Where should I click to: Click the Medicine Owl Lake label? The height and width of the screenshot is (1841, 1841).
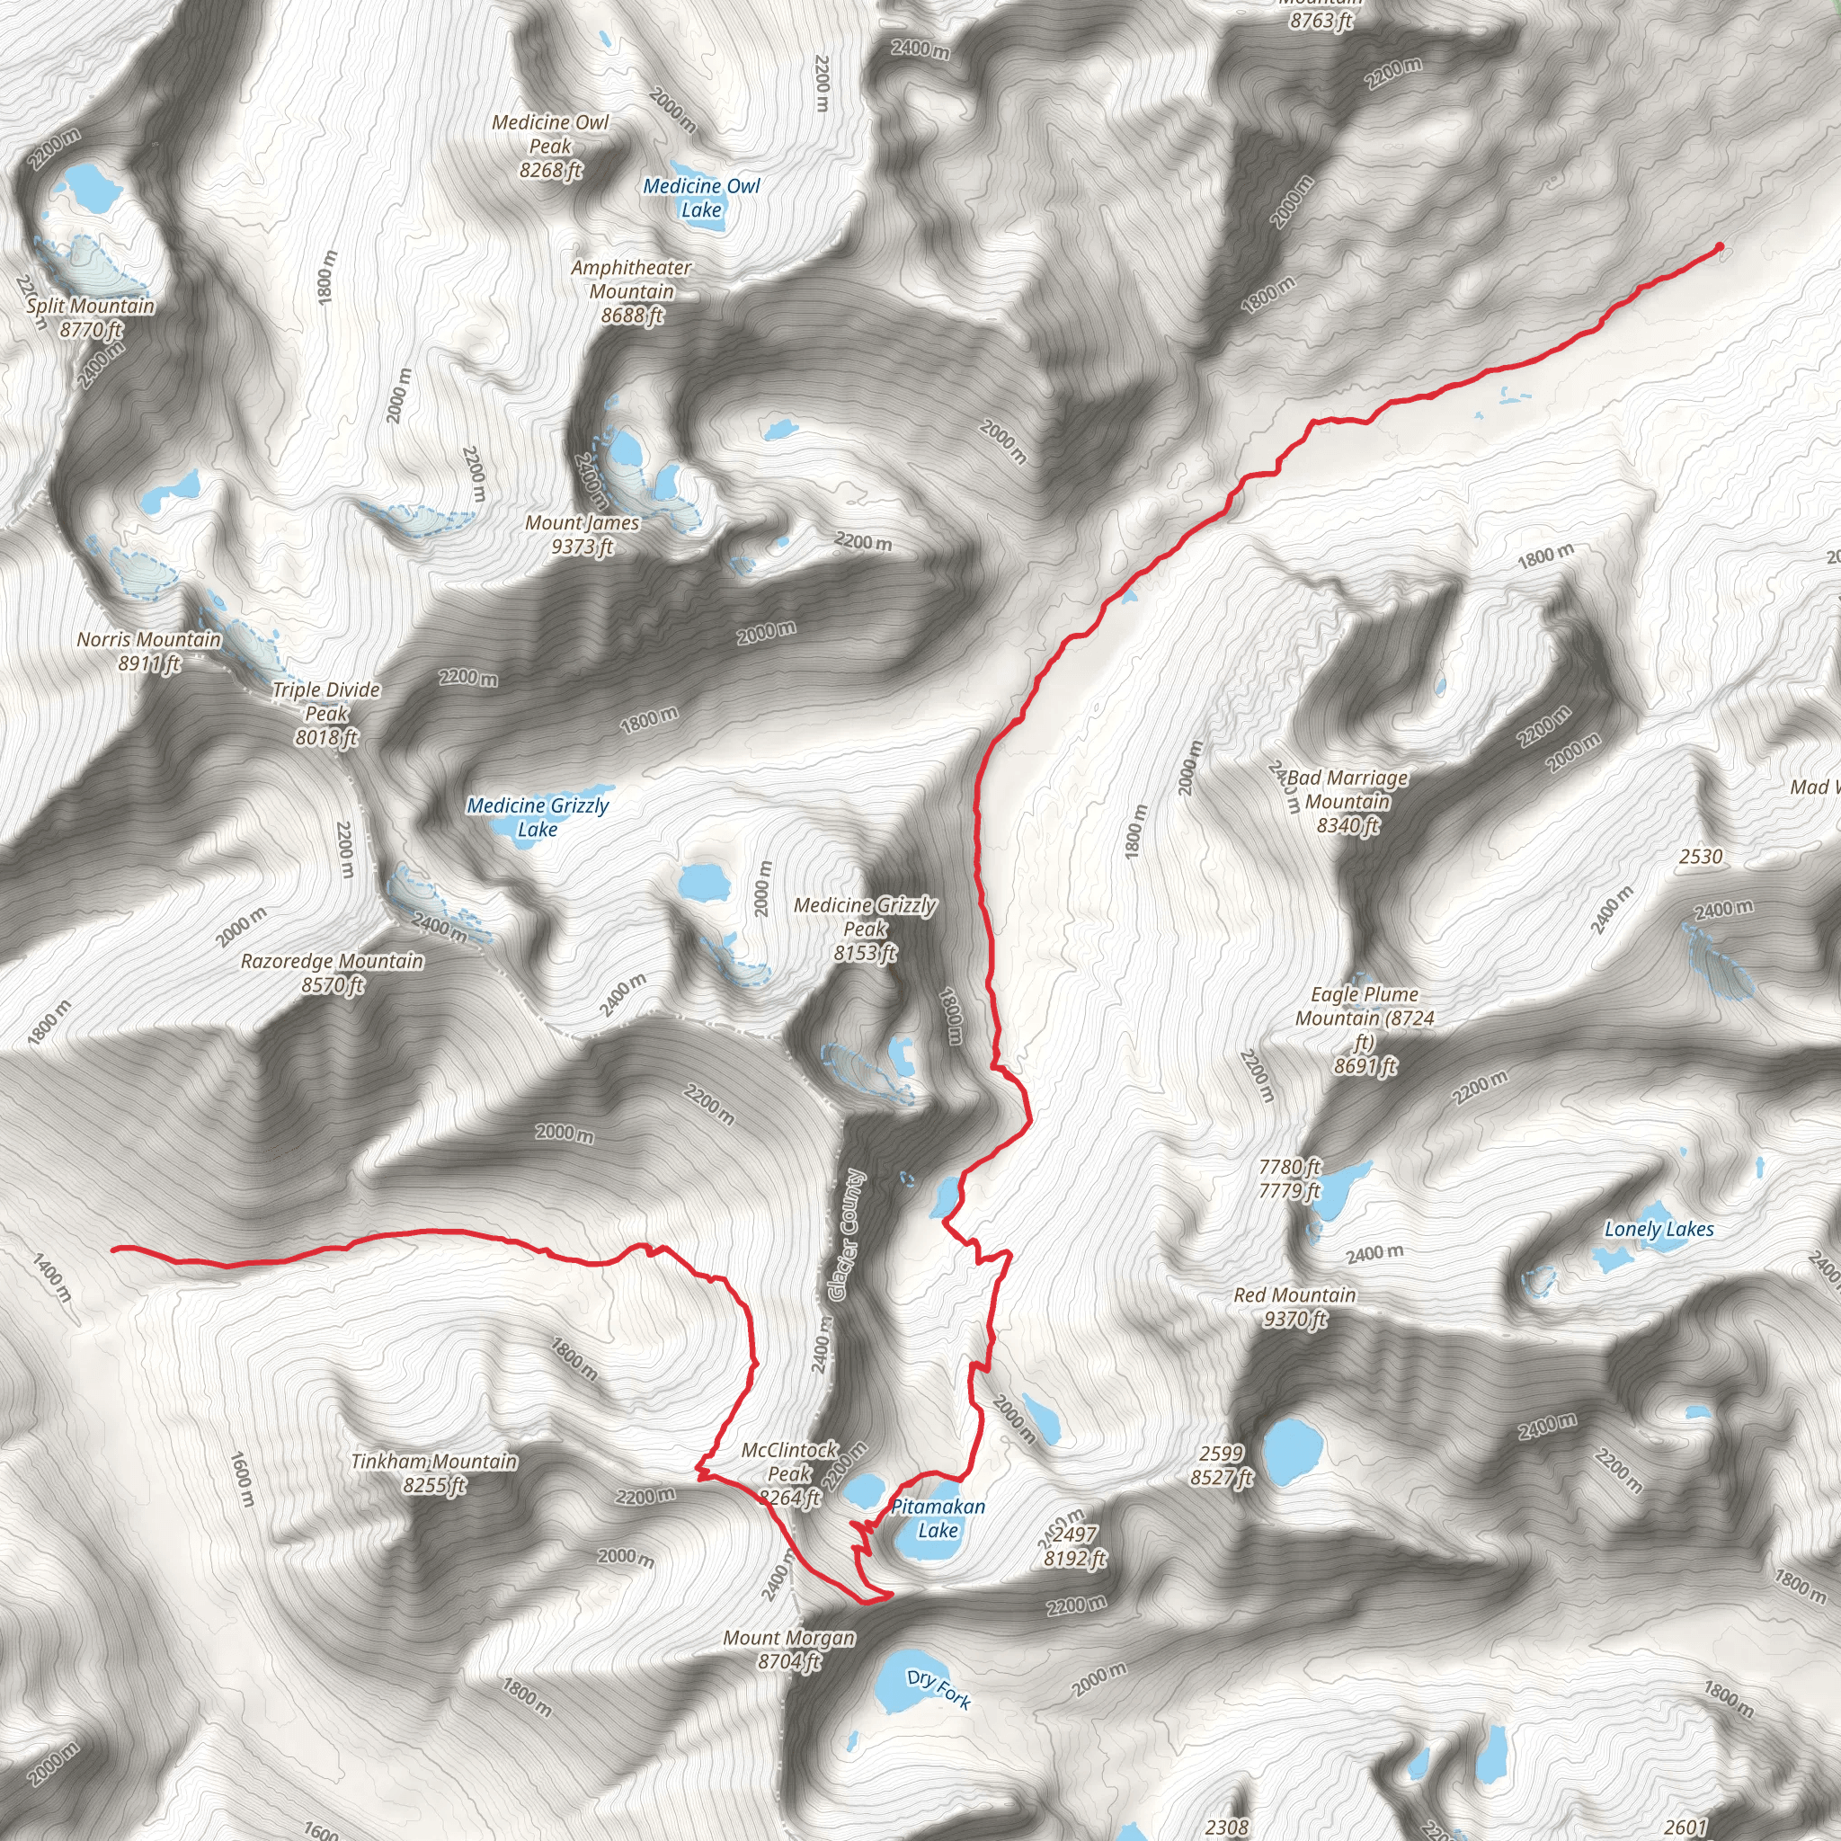click(x=701, y=198)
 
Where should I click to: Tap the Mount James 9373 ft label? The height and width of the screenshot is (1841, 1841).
click(x=583, y=535)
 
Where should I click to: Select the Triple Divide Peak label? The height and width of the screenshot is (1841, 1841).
click(x=326, y=713)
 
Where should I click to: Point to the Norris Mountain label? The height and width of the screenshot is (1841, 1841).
click(x=148, y=651)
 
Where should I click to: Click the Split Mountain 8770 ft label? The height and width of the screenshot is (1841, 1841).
click(x=91, y=317)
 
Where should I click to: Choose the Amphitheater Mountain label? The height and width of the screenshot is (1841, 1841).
click(x=631, y=290)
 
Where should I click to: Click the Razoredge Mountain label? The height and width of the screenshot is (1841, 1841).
click(x=332, y=973)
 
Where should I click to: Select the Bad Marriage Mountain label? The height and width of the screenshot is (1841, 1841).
click(x=1347, y=801)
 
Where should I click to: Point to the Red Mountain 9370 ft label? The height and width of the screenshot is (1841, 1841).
click(x=1294, y=1306)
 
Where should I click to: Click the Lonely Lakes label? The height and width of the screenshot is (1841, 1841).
click(x=1659, y=1229)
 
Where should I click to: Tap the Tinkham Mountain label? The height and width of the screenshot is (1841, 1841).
click(x=434, y=1473)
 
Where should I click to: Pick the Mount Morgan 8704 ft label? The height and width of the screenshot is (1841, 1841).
click(x=789, y=1650)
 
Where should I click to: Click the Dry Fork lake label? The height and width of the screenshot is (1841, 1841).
click(x=938, y=1688)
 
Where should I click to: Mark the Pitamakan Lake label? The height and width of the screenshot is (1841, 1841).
click(x=938, y=1518)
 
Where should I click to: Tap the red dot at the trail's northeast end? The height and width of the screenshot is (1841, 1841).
click(x=1719, y=248)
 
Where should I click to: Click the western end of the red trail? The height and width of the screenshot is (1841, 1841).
click(x=114, y=1249)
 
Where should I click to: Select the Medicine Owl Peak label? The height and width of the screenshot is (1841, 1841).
click(x=550, y=147)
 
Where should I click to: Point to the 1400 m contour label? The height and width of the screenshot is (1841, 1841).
click(x=51, y=1278)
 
